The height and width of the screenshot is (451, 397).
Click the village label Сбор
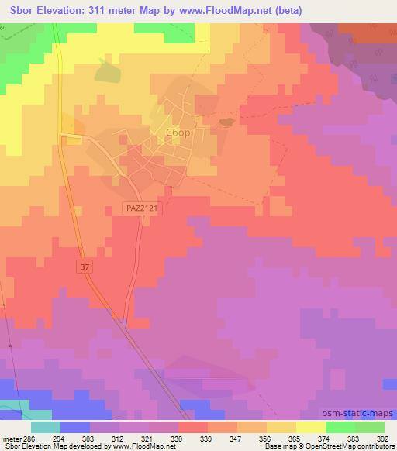pos(178,133)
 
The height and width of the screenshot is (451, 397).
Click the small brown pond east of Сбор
pos(226,121)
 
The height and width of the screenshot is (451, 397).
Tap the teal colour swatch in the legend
pos(46,428)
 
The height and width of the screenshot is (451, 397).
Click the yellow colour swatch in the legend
pos(311,428)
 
